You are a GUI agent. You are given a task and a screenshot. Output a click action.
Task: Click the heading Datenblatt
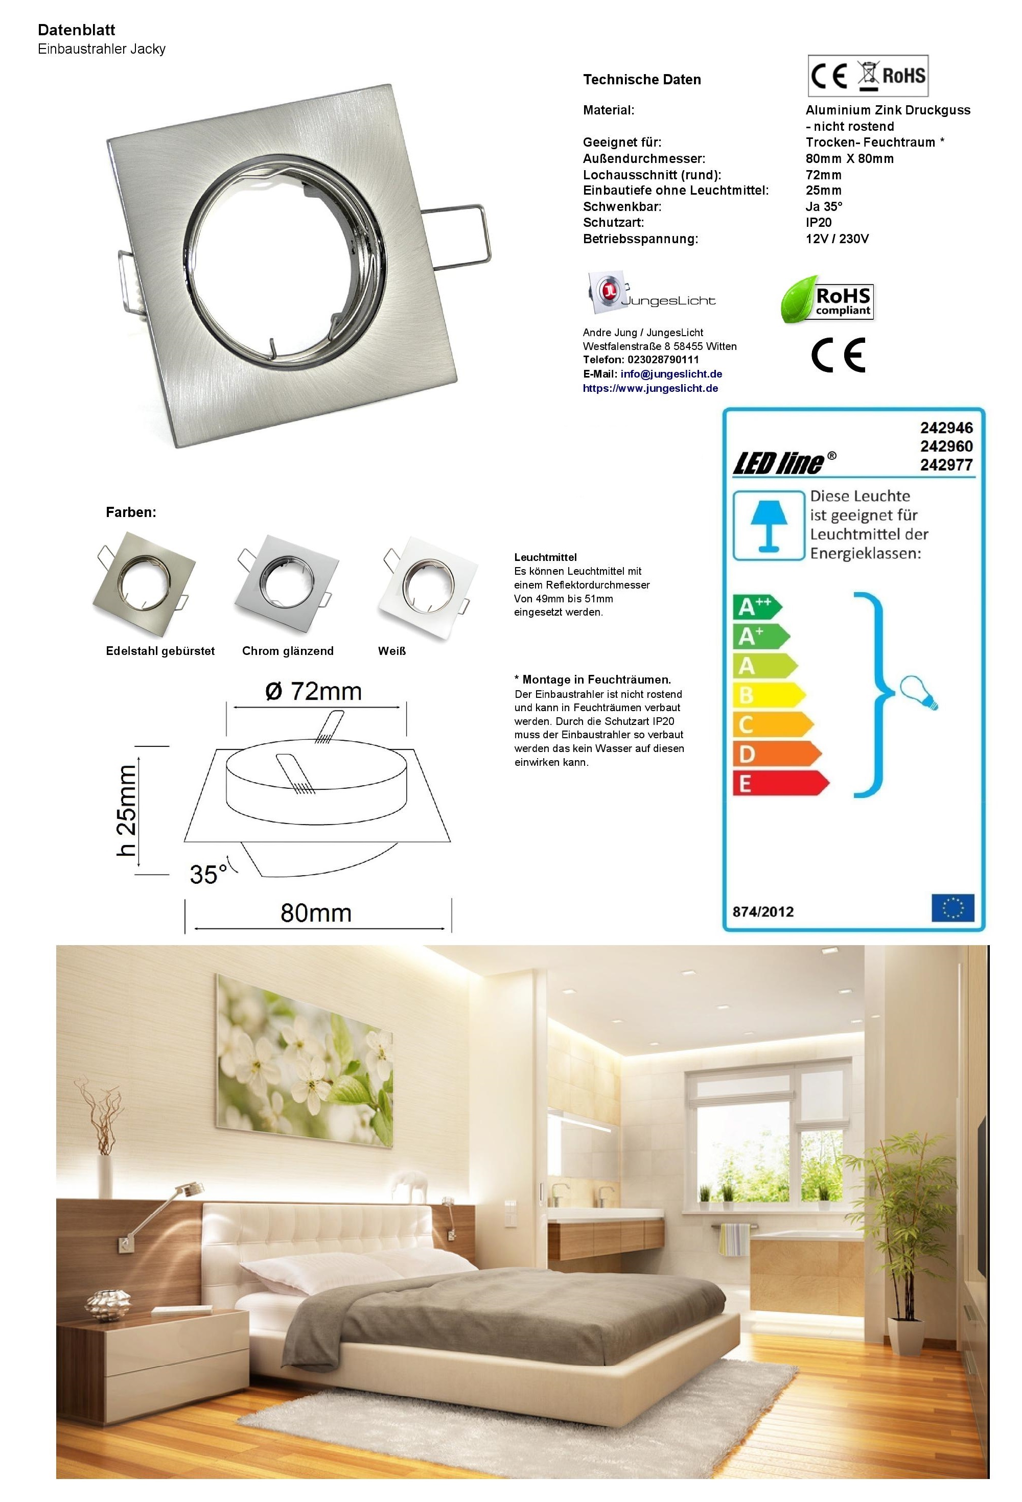(x=76, y=30)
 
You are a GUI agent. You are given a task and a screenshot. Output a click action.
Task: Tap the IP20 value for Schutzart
(x=819, y=222)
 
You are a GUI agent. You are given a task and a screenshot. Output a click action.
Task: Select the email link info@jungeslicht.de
(x=671, y=373)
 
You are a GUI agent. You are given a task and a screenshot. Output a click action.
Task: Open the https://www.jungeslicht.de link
(x=651, y=388)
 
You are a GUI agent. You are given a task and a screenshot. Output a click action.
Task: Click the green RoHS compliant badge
(x=827, y=300)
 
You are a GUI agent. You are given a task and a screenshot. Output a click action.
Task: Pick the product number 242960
(x=946, y=446)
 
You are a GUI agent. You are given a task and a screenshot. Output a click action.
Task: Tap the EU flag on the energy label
(x=952, y=907)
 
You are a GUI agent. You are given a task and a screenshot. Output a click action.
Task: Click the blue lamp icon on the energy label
(x=768, y=525)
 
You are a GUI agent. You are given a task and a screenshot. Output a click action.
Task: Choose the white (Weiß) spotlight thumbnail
(x=427, y=586)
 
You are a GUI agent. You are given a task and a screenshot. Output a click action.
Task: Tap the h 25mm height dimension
(x=127, y=810)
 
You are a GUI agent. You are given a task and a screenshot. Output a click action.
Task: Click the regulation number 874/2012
(x=763, y=911)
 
